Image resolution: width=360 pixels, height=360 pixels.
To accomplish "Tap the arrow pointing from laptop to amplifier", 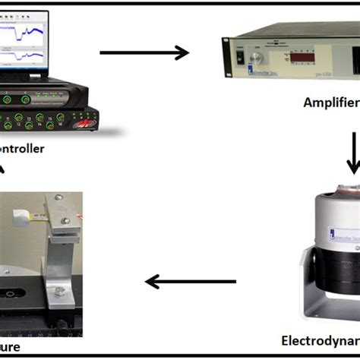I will tap(144, 52).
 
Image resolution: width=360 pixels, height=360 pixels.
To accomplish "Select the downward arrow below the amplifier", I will tap(354, 152).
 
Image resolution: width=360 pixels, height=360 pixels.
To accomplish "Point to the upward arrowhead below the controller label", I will tap(4, 169).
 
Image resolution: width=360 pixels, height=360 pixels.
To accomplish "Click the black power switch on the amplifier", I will tap(240, 55).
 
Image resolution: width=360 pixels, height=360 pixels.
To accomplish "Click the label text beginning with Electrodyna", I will tap(319, 339).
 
